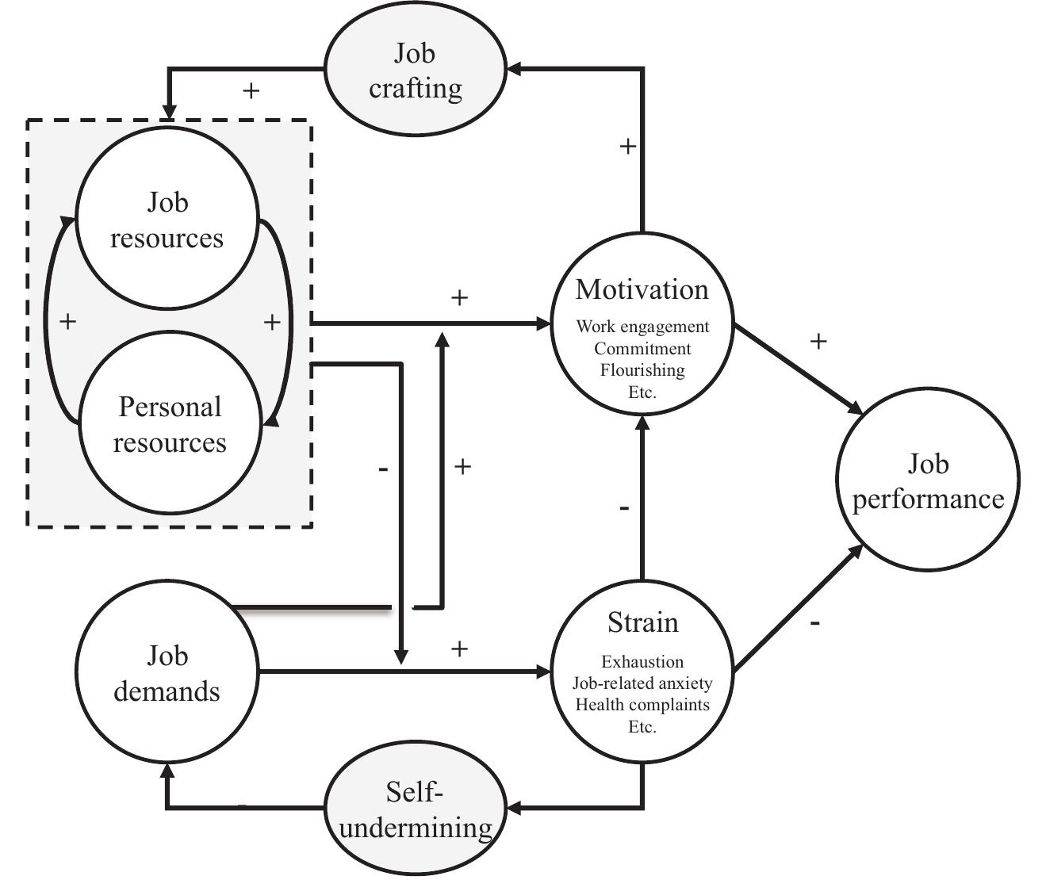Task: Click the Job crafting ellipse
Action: tap(416, 70)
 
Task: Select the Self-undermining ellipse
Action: tap(416, 809)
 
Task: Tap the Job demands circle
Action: tap(167, 672)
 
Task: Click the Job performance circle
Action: tap(927, 480)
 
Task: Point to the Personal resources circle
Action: tap(170, 423)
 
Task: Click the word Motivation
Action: tap(642, 289)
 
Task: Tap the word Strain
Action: tap(642, 622)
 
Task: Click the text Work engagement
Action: tap(642, 327)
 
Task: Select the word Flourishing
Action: tap(642, 370)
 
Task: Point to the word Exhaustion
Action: tap(642, 662)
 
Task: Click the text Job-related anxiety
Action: tap(642, 683)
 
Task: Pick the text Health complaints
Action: tap(642, 705)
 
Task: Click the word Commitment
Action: tap(642, 349)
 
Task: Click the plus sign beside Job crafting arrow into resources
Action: tap(251, 90)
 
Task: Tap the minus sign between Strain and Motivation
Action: tap(624, 507)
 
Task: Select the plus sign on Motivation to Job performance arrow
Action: tap(818, 341)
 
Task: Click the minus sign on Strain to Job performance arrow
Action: tap(815, 624)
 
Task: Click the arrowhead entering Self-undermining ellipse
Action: tap(514, 809)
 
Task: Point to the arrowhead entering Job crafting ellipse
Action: tap(514, 69)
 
